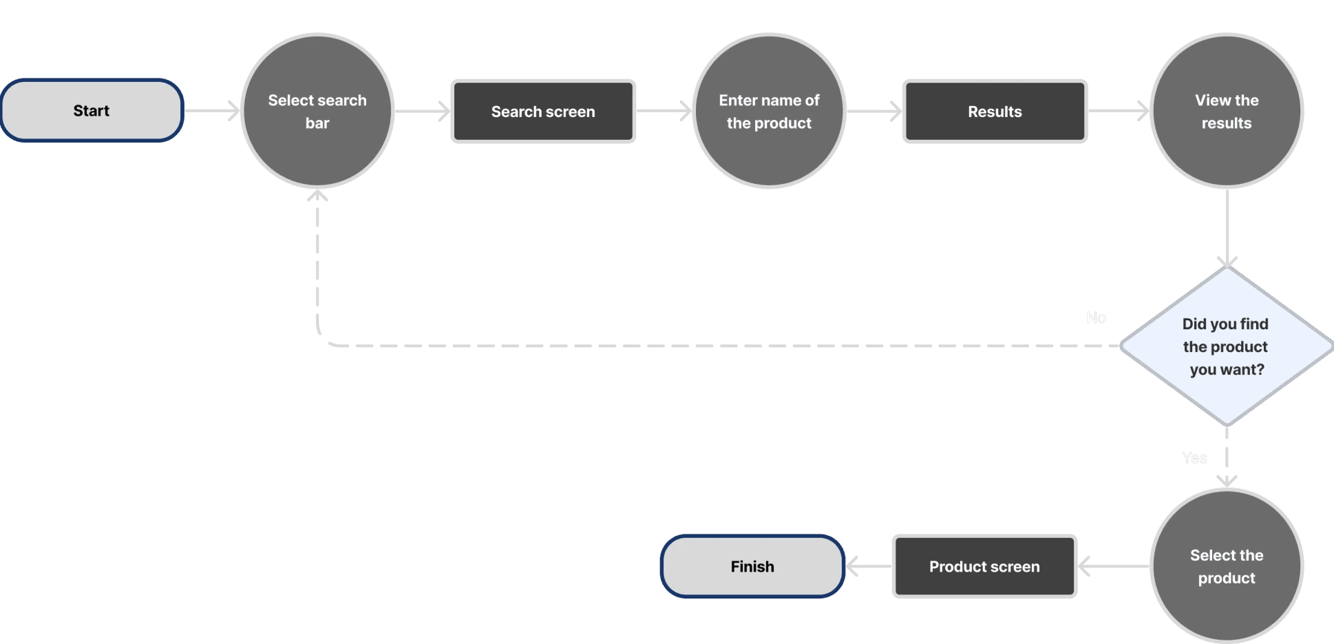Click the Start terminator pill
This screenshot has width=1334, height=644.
[x=92, y=111]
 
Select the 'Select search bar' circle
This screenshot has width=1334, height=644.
[x=317, y=111]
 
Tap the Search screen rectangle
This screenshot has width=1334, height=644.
[x=543, y=112]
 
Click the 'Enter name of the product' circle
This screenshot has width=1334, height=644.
[x=769, y=111]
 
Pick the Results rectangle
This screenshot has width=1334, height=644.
[x=995, y=112]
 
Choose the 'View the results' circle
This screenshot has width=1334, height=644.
[x=1227, y=111]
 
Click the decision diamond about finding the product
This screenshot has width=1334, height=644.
[x=1226, y=346]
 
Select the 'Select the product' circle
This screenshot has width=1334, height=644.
[x=1227, y=566]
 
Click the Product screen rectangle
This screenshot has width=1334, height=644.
[x=984, y=566]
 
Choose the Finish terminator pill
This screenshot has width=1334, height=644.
[x=752, y=566]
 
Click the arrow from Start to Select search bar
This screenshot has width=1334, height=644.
[x=212, y=110]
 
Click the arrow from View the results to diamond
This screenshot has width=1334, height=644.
[x=1227, y=227]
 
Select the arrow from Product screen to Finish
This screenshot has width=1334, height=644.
[x=869, y=567]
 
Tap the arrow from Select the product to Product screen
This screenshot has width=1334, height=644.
[x=1113, y=567]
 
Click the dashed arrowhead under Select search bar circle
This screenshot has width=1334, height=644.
[x=317, y=196]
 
